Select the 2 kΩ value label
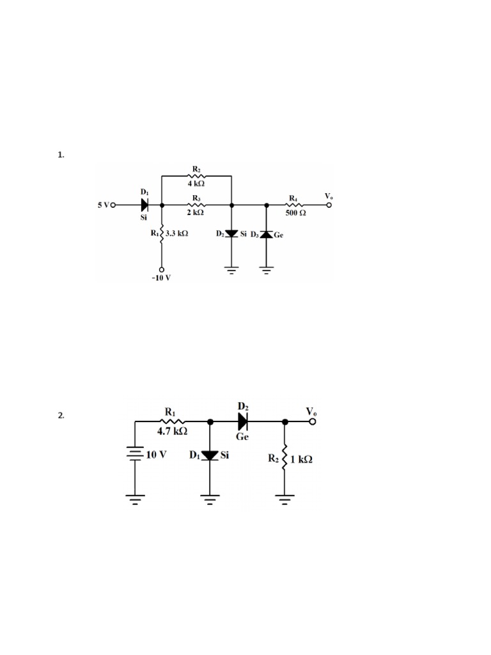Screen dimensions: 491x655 196,213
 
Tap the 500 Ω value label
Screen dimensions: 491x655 295,213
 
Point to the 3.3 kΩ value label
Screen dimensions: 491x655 176,234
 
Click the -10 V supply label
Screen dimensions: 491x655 162,278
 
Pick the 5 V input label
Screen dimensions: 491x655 103,205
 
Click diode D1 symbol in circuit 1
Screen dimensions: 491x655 144,205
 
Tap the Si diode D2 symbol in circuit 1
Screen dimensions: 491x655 231,235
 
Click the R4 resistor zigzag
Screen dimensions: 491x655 294,205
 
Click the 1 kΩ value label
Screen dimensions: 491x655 301,459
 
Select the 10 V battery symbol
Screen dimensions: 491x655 135,455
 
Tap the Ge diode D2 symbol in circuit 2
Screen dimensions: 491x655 243,422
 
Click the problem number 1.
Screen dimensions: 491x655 61,155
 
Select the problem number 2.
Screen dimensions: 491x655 61,415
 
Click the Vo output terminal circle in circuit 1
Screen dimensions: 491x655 330,205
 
